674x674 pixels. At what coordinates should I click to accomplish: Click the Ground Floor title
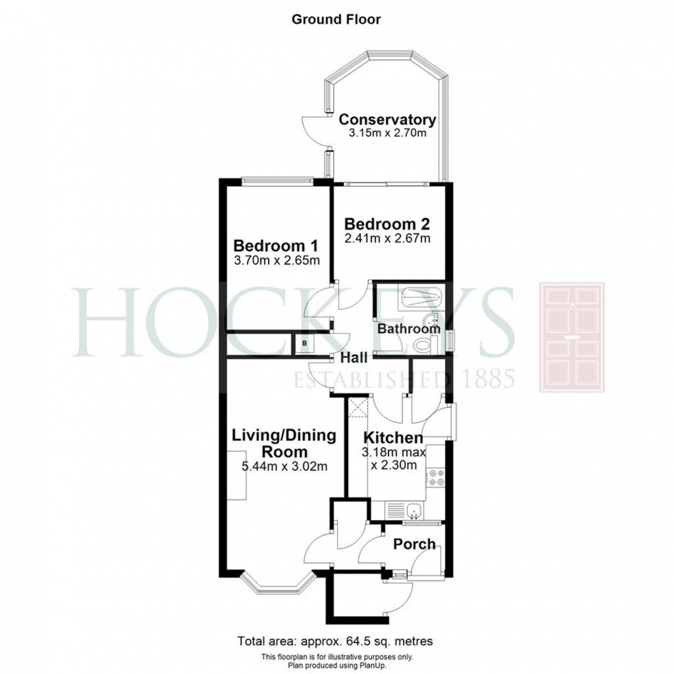(336, 19)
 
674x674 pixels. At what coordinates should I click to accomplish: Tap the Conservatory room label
(387, 120)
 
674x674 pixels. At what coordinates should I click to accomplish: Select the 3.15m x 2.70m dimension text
(387, 133)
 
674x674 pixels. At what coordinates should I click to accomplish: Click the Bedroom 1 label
(276, 246)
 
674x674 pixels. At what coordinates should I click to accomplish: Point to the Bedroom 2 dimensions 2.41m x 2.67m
(387, 238)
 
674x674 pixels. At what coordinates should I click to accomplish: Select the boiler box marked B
(304, 343)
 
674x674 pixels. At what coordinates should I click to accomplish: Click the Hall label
(354, 358)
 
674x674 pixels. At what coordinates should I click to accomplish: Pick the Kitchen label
(393, 438)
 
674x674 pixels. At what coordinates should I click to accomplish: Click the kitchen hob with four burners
(435, 478)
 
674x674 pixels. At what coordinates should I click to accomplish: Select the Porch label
(414, 544)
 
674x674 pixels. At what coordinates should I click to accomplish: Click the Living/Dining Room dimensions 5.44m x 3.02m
(284, 466)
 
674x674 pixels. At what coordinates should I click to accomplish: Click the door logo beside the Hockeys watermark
(572, 338)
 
